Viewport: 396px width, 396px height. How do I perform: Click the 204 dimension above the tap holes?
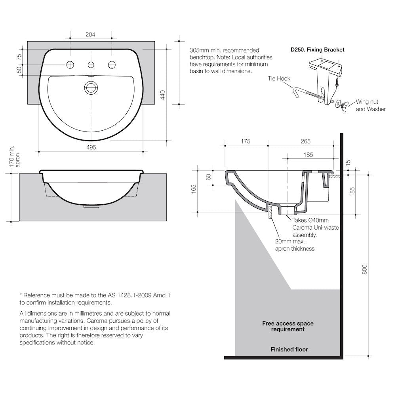pos(90,35)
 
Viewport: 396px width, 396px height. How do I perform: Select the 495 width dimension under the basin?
pos(91,147)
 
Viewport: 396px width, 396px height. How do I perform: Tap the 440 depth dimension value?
pos(162,95)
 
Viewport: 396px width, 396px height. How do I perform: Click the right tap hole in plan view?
pos(112,65)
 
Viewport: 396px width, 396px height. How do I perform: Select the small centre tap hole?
pos(91,65)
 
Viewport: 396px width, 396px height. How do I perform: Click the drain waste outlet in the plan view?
pos(91,87)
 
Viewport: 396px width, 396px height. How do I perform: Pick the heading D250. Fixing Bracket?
pos(317,49)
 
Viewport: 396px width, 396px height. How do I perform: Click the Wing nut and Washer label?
pos(370,105)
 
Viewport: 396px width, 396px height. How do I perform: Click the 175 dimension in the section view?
pos(246,141)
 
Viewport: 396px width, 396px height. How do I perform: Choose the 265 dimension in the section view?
pos(305,141)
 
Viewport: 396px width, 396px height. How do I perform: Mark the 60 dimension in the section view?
pos(209,177)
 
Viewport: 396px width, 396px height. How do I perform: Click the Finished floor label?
pos(289,349)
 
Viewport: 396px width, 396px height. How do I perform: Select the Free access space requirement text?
pos(287,326)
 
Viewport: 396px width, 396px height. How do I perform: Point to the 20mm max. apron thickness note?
pos(295,245)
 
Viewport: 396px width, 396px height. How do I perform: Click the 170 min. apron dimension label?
pos(14,156)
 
